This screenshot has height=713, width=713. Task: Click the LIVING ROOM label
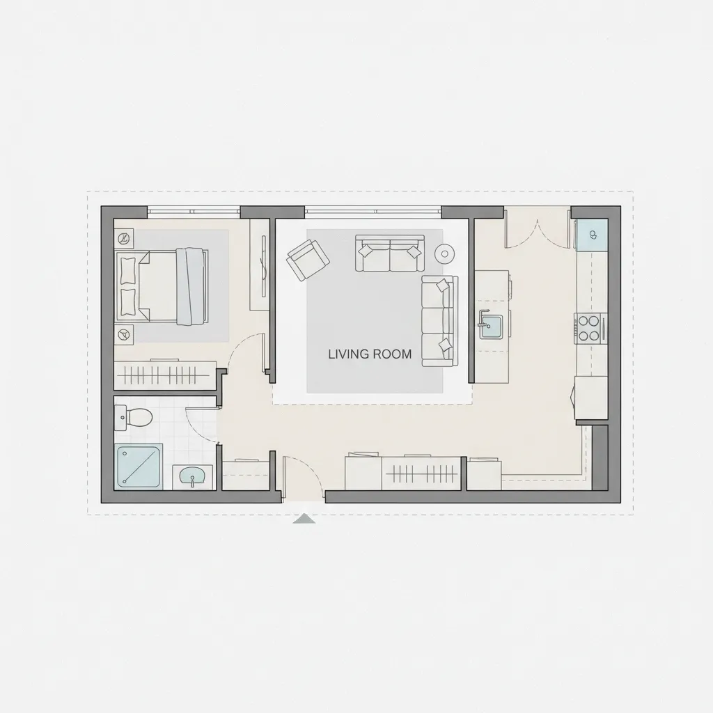[x=370, y=354]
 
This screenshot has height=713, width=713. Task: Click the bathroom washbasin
[x=193, y=477]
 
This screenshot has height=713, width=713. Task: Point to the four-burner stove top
[x=590, y=328]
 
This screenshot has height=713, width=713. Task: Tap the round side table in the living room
[x=444, y=253]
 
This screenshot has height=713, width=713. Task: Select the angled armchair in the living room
[x=308, y=260]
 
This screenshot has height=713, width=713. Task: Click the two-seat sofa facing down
[x=390, y=253]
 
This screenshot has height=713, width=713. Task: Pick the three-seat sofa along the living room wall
[x=440, y=320]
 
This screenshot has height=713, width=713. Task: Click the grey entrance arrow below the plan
[x=304, y=518]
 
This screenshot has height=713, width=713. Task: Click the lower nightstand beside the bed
[x=124, y=335]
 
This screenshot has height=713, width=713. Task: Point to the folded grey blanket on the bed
[x=192, y=286]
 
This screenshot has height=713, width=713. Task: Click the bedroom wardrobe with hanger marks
[x=164, y=375]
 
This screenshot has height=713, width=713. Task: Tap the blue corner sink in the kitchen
[x=592, y=235]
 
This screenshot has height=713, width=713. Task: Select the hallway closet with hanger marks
[x=421, y=473]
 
